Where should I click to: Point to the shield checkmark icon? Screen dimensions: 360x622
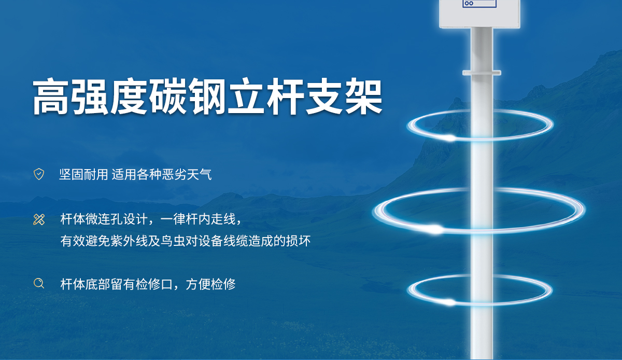point(39,174)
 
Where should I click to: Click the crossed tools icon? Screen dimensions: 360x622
point(39,219)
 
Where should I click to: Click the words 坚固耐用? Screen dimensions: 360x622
point(83,174)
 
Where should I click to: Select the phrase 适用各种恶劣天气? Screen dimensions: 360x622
point(162,174)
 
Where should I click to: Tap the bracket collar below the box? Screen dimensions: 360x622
point(482,73)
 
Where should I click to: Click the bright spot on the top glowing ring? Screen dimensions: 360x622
point(450,137)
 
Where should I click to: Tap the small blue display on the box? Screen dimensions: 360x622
point(479,3)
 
